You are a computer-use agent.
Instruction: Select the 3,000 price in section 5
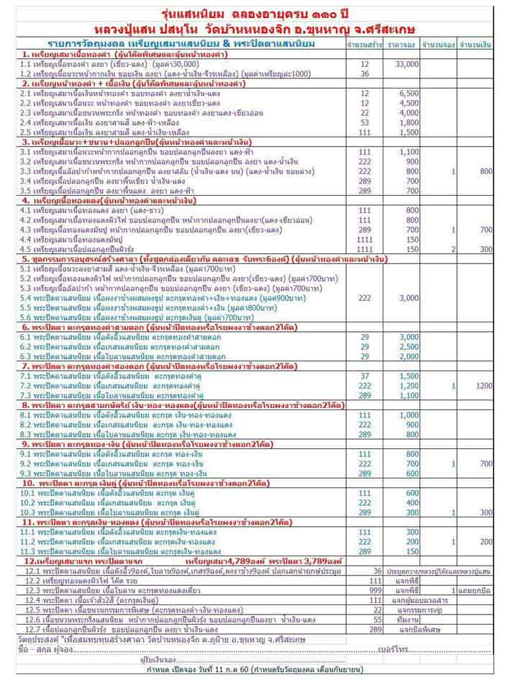point(408,297)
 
